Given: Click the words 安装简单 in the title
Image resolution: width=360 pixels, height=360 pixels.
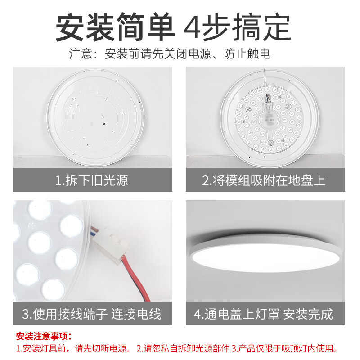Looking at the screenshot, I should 115,28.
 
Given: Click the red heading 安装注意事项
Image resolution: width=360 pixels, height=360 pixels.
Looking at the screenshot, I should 44,336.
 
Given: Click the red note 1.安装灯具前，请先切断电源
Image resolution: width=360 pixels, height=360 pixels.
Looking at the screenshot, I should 73,349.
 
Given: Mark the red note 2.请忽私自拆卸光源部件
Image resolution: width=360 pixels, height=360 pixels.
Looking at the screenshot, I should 184,349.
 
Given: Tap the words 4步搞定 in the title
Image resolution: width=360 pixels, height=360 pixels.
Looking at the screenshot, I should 238,28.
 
